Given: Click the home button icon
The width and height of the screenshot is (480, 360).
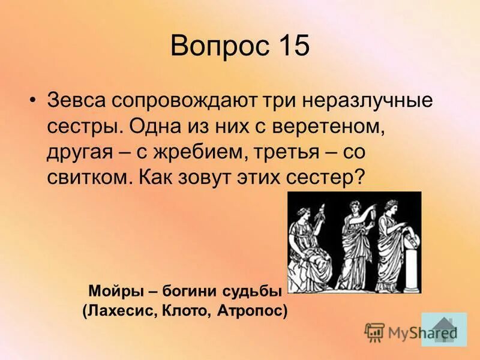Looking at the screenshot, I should click(x=444, y=329).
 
